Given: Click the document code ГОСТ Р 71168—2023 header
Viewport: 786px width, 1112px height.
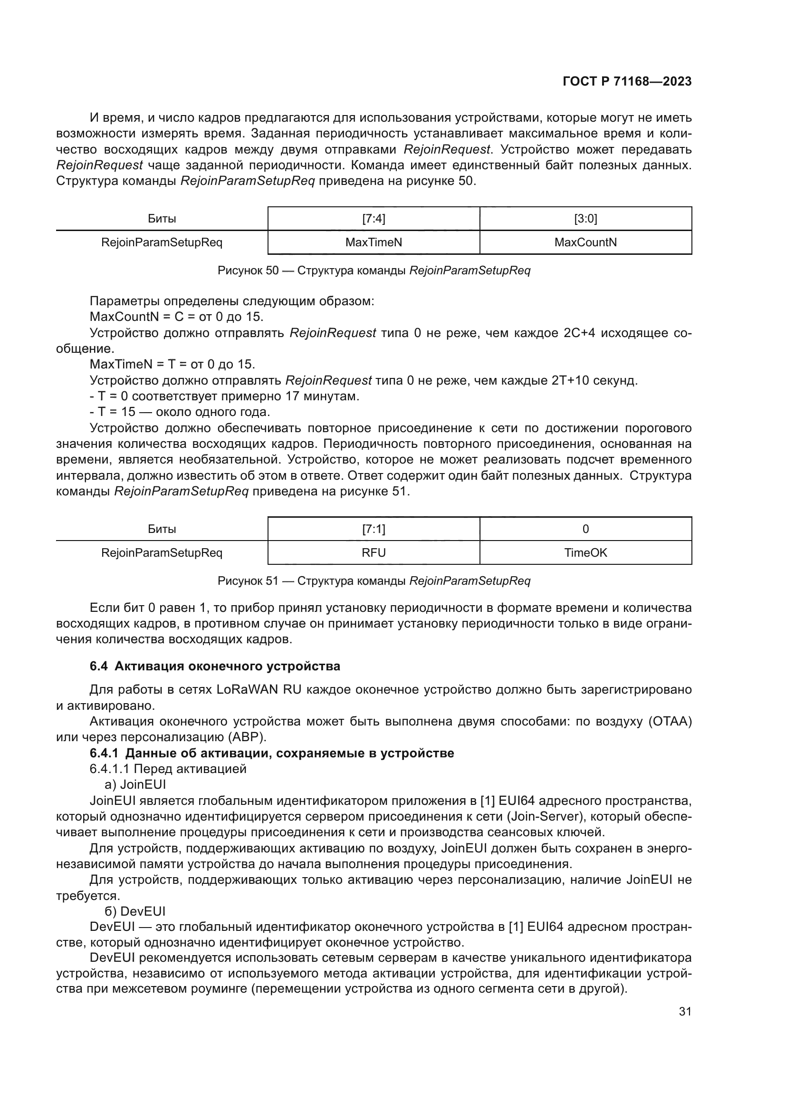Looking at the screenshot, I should (x=627, y=81).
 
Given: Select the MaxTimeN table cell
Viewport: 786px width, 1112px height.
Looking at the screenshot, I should (x=373, y=242).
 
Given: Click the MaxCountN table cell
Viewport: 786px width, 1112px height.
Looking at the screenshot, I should (x=585, y=242).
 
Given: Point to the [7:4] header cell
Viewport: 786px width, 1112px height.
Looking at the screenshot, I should (x=373, y=219).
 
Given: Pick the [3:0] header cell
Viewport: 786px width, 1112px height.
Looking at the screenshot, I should (x=585, y=219).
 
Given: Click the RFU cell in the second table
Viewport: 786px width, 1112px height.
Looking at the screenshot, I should (x=373, y=552).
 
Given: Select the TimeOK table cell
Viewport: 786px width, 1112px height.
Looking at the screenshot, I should (x=585, y=552).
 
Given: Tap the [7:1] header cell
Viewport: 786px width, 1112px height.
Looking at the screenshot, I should (x=373, y=529).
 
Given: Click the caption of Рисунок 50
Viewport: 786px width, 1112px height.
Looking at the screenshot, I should (x=374, y=270).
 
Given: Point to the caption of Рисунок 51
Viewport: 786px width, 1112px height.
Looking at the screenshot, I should (x=374, y=580).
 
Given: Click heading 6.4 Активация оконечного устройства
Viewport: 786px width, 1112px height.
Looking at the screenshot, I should (x=215, y=666).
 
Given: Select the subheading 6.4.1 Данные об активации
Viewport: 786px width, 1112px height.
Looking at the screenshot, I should (x=271, y=753).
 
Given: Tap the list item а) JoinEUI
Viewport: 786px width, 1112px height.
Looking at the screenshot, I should (x=135, y=784).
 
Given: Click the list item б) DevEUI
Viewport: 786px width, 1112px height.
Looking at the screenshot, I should (x=135, y=911).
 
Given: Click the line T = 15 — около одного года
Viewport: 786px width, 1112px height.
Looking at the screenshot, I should (x=180, y=412).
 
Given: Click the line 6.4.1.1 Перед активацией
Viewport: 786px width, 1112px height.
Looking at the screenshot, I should (x=168, y=769).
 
